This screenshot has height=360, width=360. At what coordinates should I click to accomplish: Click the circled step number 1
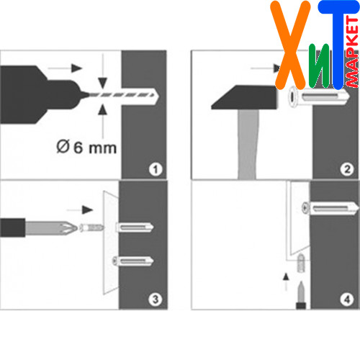click(156, 169)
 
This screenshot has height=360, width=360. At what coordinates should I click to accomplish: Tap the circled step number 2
click(346, 169)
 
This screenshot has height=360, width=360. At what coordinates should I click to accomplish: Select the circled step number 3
click(156, 300)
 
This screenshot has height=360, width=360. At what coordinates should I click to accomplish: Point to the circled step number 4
click(346, 300)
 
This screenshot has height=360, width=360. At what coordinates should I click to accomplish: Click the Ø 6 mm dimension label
click(86, 147)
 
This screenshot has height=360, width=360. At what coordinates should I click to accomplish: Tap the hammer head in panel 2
click(244, 97)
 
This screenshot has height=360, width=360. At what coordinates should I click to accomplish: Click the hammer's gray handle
click(247, 144)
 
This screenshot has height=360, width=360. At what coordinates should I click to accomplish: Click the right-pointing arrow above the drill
click(65, 68)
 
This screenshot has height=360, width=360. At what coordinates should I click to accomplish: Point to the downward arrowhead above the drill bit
click(103, 83)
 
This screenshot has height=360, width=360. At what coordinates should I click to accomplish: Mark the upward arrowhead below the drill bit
click(103, 109)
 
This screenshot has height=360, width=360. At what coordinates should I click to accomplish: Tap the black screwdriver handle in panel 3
click(12, 228)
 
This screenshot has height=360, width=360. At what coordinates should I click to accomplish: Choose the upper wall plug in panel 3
click(135, 227)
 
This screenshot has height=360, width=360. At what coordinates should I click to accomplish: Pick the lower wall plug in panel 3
click(133, 261)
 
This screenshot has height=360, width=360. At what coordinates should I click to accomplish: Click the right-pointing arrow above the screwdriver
click(80, 210)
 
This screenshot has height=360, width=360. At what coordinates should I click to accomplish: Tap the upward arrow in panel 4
click(286, 282)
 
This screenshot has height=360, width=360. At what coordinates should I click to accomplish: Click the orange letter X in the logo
click(290, 45)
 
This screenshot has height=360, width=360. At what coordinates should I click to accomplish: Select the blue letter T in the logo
click(338, 45)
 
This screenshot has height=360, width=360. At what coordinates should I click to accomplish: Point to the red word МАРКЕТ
click(353, 52)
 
